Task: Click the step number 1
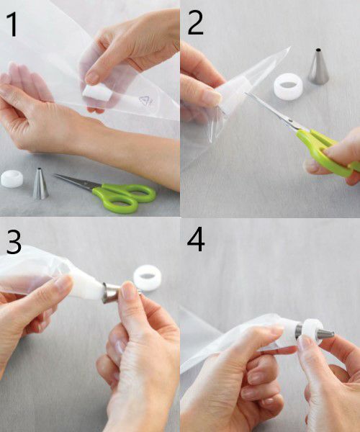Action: (x=12, y=24)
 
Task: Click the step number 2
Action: (x=195, y=23)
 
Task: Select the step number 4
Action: (x=196, y=239)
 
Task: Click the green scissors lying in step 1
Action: (x=110, y=192)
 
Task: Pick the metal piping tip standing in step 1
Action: (x=40, y=184)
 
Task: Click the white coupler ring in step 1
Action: (x=12, y=179)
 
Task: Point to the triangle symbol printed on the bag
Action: (x=145, y=101)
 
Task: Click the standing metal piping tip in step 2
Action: (x=318, y=66)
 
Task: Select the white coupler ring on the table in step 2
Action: (x=288, y=87)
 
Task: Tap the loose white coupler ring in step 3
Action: (x=148, y=278)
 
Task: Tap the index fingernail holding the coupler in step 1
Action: (x=92, y=78)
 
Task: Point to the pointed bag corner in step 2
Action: (x=290, y=47)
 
